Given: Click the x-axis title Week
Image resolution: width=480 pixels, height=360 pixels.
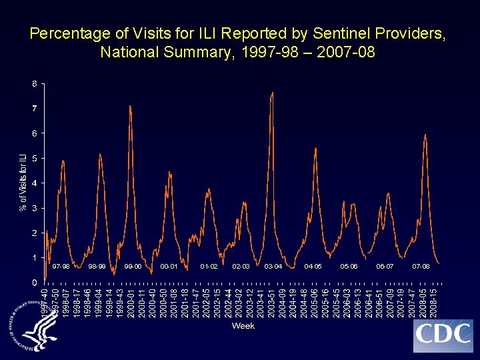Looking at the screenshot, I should point(243,326).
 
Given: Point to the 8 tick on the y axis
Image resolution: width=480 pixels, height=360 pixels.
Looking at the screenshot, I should point(34,83).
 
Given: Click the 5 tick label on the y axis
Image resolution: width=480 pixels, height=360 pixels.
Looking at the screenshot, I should point(34,158).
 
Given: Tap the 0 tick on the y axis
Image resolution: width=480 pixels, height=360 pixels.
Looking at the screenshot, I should point(34,283).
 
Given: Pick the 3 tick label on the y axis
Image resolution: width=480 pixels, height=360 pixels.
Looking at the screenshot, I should point(34,208).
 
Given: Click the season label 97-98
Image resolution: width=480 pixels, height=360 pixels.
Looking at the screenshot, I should point(61,267).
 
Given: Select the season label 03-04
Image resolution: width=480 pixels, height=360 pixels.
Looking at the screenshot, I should point(273,267).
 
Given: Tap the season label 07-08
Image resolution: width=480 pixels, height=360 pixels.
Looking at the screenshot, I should point(421,267).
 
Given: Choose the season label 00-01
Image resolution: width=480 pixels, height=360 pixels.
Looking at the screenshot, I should point(169,267).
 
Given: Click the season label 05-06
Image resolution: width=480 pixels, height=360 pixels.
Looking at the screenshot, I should point(349,267).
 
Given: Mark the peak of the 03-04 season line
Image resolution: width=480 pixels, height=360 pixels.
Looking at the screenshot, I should point(273,92).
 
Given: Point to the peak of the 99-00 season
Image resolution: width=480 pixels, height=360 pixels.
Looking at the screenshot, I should point(130,106).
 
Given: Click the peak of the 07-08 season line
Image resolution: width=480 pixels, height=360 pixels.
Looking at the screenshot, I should point(425,135).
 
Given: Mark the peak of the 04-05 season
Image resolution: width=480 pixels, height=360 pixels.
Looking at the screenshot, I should point(315,148).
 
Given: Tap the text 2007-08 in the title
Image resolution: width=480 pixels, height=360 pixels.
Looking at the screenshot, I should point(349,51).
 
